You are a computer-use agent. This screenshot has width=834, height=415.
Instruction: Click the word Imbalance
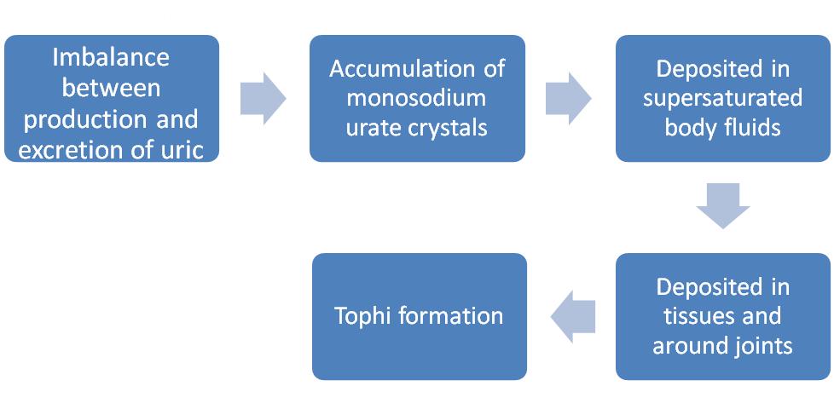click(x=111, y=58)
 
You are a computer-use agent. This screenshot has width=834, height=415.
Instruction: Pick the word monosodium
click(x=417, y=98)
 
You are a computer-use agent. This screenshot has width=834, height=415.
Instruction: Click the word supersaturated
click(x=723, y=98)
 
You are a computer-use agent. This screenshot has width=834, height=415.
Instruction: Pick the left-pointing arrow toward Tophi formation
click(x=572, y=316)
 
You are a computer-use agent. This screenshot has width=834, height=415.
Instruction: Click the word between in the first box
click(x=111, y=88)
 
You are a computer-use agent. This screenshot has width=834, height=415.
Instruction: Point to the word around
click(x=686, y=346)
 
